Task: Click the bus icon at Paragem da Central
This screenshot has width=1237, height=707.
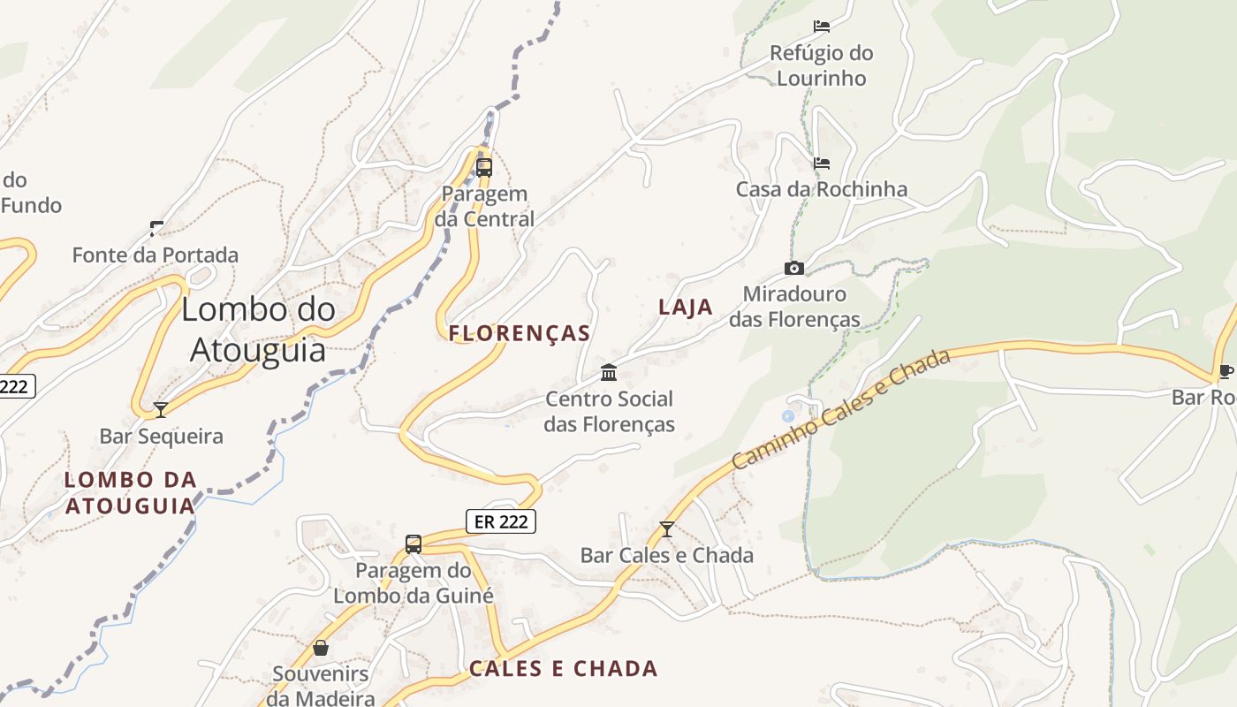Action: (x=484, y=167)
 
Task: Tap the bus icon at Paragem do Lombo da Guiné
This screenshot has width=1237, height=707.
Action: (x=414, y=544)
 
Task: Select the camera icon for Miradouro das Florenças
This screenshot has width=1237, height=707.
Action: (x=794, y=268)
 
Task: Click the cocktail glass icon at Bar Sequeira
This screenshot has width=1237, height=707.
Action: (x=161, y=409)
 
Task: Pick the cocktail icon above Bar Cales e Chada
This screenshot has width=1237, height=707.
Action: (x=667, y=528)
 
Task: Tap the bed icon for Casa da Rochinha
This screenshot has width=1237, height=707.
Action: (x=822, y=163)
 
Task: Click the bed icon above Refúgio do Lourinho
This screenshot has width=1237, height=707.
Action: (x=822, y=27)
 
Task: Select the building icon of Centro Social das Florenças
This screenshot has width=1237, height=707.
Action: (x=609, y=372)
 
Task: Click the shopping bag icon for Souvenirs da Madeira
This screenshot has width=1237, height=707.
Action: (x=320, y=648)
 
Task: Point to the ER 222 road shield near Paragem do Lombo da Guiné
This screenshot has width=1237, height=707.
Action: (x=501, y=521)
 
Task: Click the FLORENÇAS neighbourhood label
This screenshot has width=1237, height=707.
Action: (x=520, y=333)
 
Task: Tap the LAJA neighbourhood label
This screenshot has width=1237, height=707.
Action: (x=686, y=307)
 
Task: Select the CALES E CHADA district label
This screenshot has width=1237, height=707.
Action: (x=564, y=668)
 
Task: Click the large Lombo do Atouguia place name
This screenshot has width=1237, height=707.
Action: (x=259, y=329)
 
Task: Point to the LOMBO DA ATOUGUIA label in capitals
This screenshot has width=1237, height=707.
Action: (x=131, y=492)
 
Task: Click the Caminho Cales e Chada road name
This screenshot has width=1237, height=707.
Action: (x=840, y=408)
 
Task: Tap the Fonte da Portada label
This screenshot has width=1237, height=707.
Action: (x=156, y=255)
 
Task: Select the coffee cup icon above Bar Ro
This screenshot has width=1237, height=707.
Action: (x=1225, y=371)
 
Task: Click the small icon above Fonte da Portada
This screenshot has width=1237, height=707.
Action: (x=156, y=229)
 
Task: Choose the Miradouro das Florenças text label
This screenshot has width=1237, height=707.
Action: (x=794, y=307)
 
